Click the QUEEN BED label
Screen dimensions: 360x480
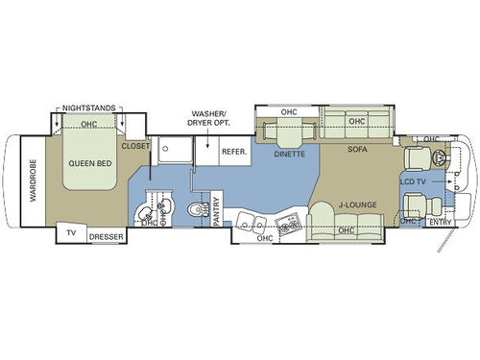93,162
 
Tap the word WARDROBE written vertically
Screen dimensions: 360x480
32,182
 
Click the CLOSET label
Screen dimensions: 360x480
135,148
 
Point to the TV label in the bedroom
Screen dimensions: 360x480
70,234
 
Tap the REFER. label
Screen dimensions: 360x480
235,152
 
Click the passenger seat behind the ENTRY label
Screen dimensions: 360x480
416,204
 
